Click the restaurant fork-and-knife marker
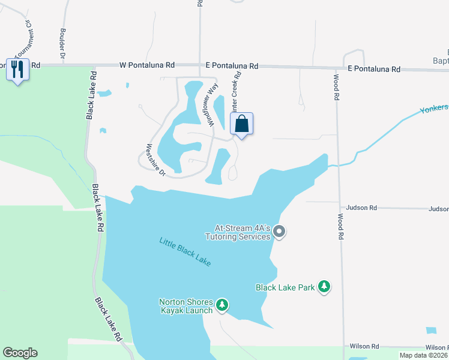[x=17, y=70]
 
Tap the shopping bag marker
[x=241, y=124]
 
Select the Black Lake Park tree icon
[x=325, y=287]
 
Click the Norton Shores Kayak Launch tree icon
[x=222, y=305]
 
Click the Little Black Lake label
[x=185, y=252]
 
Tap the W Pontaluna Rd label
[x=147, y=65]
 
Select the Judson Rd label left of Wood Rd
[x=364, y=208]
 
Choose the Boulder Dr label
[x=62, y=40]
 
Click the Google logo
[x=20, y=353]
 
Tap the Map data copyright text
[x=424, y=355]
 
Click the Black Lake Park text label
[x=285, y=287]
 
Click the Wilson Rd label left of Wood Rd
[x=365, y=346]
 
